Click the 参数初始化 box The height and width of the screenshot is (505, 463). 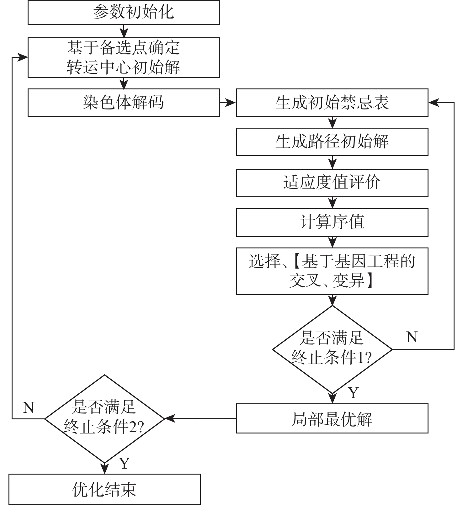[124, 13]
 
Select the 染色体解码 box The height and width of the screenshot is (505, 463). [124, 103]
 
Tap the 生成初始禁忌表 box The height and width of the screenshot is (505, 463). [332, 103]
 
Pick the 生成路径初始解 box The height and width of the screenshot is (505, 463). [332, 142]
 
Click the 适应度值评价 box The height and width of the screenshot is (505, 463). [332, 183]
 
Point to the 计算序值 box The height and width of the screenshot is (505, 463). [332, 222]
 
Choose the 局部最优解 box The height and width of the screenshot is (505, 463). [332, 418]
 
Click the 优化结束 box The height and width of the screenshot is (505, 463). [104, 489]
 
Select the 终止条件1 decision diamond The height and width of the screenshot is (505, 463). [332, 349]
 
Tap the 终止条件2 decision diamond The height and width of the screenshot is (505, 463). [104, 418]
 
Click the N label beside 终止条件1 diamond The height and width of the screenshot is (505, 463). [412, 338]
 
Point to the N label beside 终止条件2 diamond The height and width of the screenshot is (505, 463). [29, 408]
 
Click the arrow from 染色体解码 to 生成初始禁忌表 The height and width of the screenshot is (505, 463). [228, 103]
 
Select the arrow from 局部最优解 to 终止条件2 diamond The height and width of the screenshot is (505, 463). [201, 418]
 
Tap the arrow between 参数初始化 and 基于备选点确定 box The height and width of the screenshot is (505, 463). [124, 31]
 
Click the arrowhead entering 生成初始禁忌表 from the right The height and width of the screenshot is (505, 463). [434, 103]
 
